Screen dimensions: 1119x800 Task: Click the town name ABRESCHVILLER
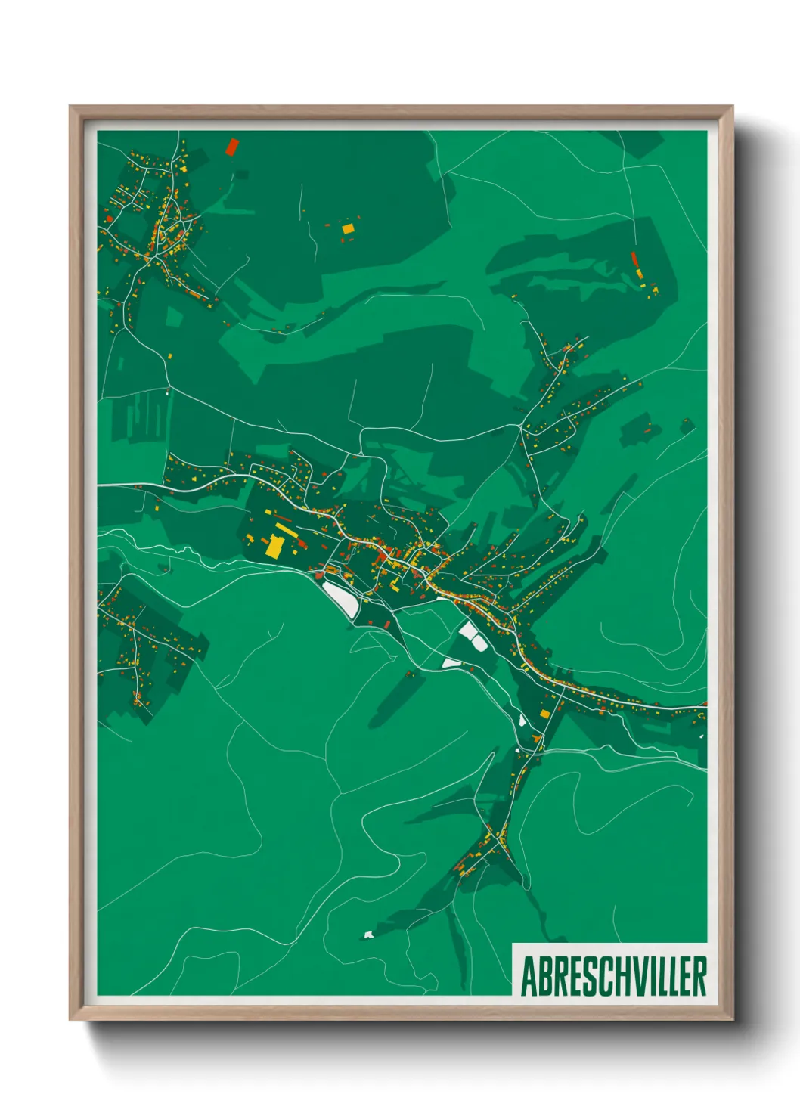613,976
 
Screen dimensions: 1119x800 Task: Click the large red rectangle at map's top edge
231,146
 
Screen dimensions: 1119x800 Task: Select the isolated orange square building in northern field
348,228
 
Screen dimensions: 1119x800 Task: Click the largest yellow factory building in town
274,546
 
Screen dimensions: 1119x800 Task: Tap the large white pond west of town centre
340,599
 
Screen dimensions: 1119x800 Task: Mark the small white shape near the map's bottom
369,935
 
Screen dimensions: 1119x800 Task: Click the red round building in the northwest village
110,219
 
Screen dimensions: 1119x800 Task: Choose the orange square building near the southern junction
544,713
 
